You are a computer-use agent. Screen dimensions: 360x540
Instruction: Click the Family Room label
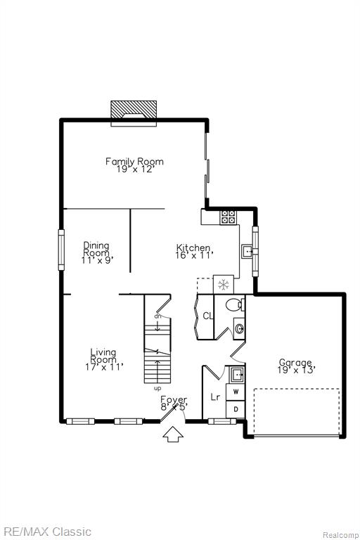[134, 161]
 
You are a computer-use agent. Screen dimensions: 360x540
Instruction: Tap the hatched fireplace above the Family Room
[134, 110]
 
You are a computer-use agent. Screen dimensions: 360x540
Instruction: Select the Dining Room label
[96, 249]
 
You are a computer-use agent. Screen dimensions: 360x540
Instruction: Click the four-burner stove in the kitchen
[228, 217]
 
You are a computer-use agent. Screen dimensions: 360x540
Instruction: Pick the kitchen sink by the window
[247, 252]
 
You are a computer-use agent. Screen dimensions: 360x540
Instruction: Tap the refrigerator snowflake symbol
[224, 285]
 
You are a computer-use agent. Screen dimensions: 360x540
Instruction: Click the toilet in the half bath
[236, 304]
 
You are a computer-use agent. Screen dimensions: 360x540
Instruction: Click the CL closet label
[207, 316]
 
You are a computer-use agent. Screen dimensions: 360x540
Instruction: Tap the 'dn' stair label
[157, 316]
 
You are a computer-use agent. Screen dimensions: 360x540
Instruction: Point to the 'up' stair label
[157, 388]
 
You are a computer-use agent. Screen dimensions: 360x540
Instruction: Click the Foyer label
[174, 399]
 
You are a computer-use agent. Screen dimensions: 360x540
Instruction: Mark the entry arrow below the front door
[172, 435]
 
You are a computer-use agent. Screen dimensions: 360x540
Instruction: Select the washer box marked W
[236, 392]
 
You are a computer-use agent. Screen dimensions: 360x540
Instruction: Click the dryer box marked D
[236, 409]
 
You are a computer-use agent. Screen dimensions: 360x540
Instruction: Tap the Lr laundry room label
[215, 397]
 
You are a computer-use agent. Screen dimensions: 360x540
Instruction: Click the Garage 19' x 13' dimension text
[297, 371]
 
